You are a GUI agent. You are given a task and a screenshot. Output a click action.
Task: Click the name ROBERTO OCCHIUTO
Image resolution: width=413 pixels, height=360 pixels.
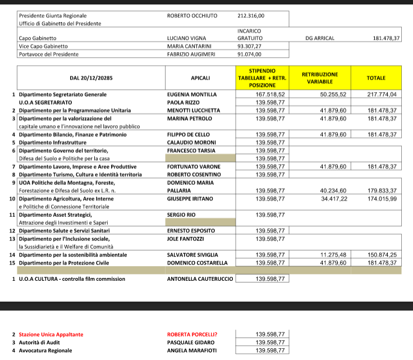pyautogui.click(x=192, y=16)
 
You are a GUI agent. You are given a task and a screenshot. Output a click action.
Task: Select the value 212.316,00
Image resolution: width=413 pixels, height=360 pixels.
pyautogui.click(x=251, y=16)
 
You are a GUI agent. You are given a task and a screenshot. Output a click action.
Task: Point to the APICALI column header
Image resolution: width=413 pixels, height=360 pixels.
pyautogui.click(x=200, y=78)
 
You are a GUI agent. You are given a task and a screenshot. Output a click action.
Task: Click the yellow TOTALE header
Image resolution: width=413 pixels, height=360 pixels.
pyautogui.click(x=376, y=78)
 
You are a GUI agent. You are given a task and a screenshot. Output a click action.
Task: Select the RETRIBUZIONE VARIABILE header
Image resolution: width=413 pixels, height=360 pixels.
pyautogui.click(x=320, y=78)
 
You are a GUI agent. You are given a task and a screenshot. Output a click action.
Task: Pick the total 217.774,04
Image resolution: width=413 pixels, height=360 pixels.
pyautogui.click(x=382, y=94)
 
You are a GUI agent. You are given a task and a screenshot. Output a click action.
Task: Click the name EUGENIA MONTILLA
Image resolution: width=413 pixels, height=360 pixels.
pyautogui.click(x=192, y=94)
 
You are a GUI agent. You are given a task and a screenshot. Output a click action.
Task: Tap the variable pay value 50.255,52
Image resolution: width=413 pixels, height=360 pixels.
pyautogui.click(x=333, y=94)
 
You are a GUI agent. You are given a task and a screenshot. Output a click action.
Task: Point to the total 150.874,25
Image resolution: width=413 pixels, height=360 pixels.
pyautogui.click(x=382, y=255)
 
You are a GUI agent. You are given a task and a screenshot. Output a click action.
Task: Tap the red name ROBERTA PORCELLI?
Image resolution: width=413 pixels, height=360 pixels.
pyautogui.click(x=192, y=335)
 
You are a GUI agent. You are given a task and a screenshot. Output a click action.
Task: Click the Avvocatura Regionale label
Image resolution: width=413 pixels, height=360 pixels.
pyautogui.click(x=45, y=350)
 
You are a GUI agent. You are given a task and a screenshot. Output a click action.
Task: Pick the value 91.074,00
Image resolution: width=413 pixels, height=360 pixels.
pyautogui.click(x=250, y=54)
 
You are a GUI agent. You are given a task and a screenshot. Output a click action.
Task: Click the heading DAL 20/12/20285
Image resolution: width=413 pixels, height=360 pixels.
pyautogui.click(x=90, y=78)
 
